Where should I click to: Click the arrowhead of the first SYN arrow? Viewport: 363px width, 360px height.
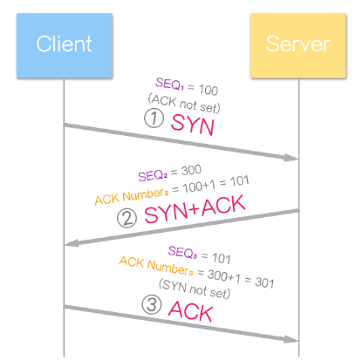coord(293,158)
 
